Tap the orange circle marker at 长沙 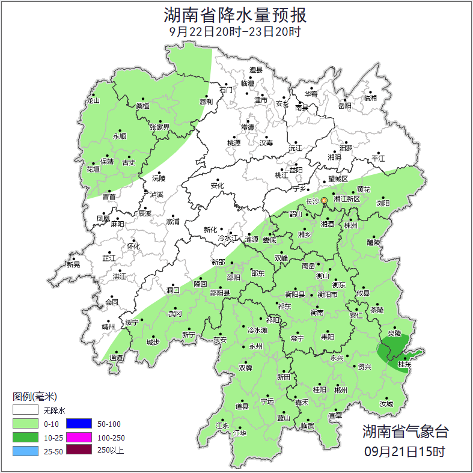tap(324, 200)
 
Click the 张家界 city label tap(159, 127)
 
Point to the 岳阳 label tap(344, 106)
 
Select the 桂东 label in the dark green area tap(404, 364)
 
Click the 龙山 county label tap(93, 101)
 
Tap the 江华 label tap(240, 433)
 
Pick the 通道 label tap(116, 358)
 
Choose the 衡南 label tap(316, 313)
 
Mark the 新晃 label tap(73, 264)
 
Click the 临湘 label tap(370, 97)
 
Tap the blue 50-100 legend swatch tap(78, 424)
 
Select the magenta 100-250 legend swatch tap(78, 437)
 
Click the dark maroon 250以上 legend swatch tap(78, 450)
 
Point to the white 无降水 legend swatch tap(25, 410)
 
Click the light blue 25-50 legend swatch tap(25, 450)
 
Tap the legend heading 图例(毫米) tap(34, 397)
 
